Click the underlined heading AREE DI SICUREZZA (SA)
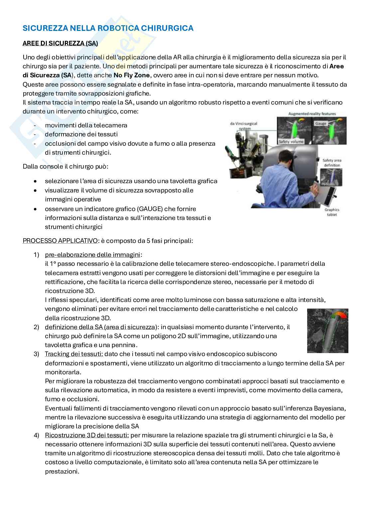60,43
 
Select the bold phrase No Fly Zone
132,75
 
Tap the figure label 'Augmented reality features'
312,114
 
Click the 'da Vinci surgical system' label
244,126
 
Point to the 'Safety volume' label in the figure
291,141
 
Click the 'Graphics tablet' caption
332,212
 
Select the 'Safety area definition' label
332,163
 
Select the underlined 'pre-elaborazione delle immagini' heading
92,255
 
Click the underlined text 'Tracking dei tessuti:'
74,354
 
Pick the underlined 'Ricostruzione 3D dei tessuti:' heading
87,435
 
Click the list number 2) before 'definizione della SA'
36,327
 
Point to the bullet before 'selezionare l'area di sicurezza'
36,182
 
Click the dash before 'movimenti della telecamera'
35,125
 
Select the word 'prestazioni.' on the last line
62,471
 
